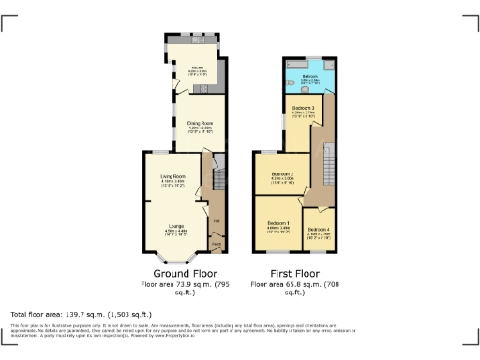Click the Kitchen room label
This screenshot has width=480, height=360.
click(198, 68)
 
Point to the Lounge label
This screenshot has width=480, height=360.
click(175, 225)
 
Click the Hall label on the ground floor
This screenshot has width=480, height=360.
click(216, 221)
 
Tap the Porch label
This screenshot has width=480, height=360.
click(216, 245)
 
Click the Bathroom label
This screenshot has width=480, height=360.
click(310, 75)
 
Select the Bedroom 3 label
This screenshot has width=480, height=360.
click(303, 110)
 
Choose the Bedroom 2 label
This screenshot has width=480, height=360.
click(283, 174)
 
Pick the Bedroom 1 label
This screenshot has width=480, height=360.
click(277, 225)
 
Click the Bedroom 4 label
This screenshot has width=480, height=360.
click(318, 231)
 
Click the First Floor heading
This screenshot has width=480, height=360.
click(291, 272)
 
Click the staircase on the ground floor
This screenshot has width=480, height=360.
click(217, 178)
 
